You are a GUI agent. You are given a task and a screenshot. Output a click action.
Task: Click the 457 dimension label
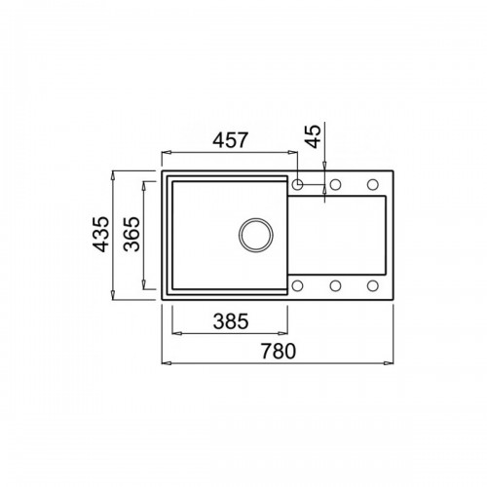point(230,140)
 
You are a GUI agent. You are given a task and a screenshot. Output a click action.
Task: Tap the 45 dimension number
point(314,136)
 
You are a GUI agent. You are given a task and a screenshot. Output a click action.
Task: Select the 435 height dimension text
point(101,235)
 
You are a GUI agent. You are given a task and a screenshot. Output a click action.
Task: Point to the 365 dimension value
point(131,235)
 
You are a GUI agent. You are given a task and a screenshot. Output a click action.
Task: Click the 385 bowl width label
point(231,321)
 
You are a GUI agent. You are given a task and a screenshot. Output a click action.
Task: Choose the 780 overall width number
point(279,351)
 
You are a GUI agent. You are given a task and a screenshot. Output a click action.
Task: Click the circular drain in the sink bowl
point(256,235)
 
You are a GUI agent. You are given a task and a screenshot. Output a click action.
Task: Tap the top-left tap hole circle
point(297,184)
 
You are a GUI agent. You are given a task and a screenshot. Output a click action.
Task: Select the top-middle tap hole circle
point(335,184)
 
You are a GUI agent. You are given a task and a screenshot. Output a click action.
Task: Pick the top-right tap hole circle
point(373,184)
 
